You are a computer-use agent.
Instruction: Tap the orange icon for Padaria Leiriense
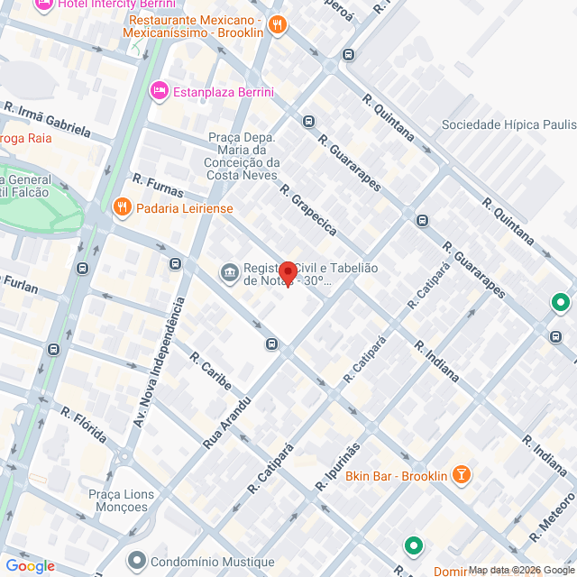click(x=122, y=209)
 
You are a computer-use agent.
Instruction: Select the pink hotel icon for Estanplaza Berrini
click(x=160, y=91)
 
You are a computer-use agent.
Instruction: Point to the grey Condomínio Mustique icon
click(x=136, y=560)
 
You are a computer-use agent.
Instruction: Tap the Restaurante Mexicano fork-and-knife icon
click(x=278, y=24)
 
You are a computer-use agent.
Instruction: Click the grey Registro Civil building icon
click(x=229, y=271)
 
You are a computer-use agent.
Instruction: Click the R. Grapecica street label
click(x=307, y=210)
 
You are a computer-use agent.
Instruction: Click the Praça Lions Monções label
click(x=121, y=500)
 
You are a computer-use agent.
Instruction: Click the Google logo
click(x=29, y=566)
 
